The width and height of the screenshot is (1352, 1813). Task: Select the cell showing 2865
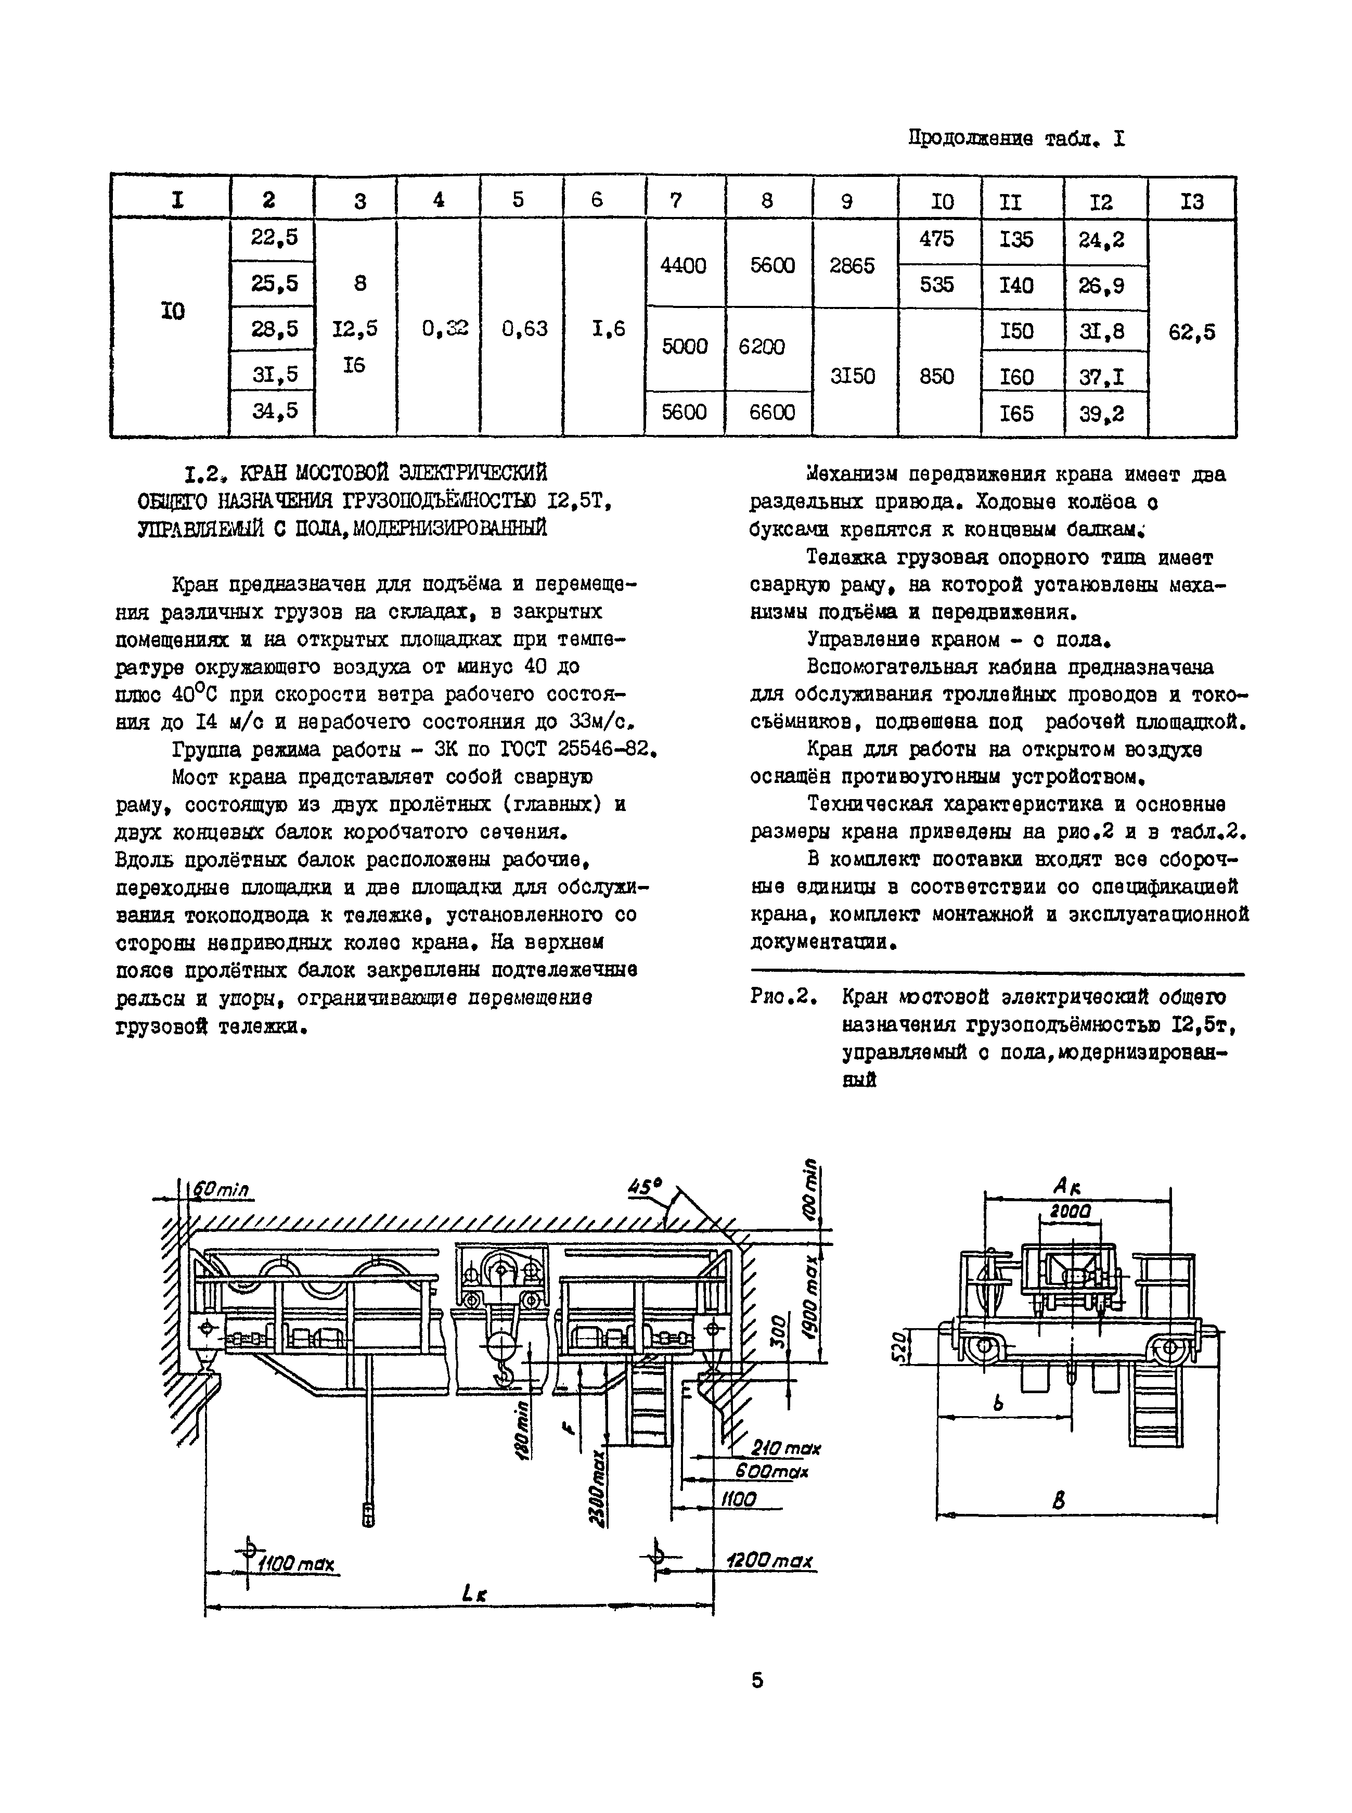[852, 266]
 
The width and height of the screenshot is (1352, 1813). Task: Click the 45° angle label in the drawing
[644, 1187]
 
